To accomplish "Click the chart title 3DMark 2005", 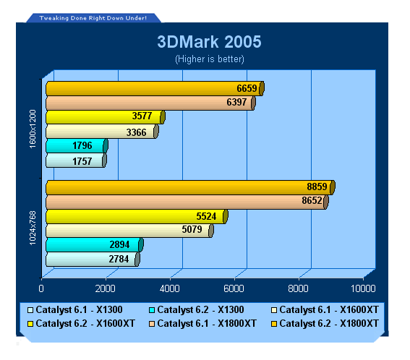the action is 209,42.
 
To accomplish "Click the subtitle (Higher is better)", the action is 210,59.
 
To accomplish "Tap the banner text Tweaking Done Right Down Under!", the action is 93,18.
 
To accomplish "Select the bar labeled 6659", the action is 155,88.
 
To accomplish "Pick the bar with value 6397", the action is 150,103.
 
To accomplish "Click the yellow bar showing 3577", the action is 106,117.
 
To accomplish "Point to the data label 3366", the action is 136,132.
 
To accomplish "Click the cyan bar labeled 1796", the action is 77,145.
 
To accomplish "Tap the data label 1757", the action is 82,161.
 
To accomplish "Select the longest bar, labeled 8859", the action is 191,187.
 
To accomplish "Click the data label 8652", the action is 312,200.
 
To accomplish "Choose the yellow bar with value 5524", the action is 137,216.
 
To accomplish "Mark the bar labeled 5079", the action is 129,231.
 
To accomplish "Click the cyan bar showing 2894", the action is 95,245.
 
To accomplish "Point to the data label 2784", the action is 119,259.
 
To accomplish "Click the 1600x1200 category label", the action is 33,129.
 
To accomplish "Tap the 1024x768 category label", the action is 33,228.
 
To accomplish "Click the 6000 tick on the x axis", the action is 234,288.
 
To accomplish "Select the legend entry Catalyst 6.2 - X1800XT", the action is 325,323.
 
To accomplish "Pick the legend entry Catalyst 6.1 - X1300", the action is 74,310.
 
